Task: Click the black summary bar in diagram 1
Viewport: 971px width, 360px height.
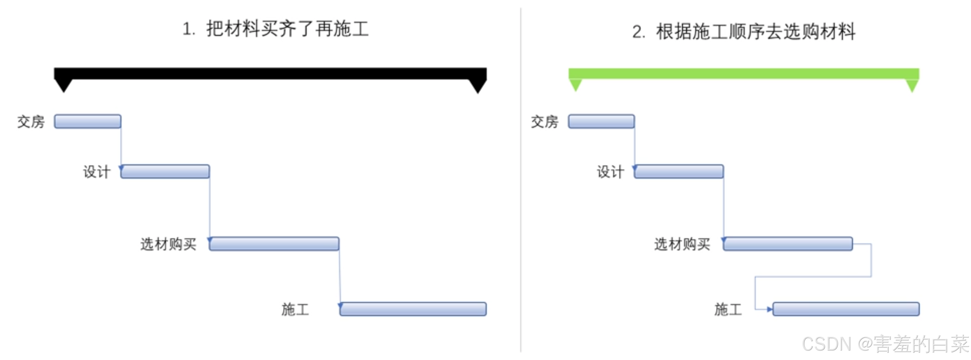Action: coord(270,74)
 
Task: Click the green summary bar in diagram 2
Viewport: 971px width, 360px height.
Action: coord(743,74)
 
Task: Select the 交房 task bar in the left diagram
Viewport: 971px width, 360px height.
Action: coord(88,121)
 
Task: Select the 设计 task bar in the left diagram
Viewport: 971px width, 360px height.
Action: coord(165,171)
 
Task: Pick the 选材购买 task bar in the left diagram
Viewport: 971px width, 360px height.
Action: coord(274,244)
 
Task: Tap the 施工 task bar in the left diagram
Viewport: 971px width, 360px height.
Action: coord(413,309)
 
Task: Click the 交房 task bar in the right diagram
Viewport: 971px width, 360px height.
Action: coord(601,121)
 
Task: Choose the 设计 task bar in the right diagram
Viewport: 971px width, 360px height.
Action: coord(679,171)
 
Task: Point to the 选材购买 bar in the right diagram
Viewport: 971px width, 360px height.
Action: coord(788,244)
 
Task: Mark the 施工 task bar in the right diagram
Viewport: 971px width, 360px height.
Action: coord(846,309)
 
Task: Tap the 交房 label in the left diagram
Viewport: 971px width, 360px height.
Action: coord(31,122)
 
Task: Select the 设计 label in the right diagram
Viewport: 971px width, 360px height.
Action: coord(610,172)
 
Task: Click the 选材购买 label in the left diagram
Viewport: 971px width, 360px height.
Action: coord(168,244)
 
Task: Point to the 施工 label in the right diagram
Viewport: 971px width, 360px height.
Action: coord(728,310)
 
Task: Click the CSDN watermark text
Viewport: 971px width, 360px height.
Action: coord(885,344)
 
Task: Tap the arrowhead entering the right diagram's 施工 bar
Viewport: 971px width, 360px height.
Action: coord(770,310)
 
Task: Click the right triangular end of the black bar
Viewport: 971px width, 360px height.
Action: coord(478,86)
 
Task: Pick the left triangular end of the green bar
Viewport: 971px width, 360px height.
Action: coord(576,85)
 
